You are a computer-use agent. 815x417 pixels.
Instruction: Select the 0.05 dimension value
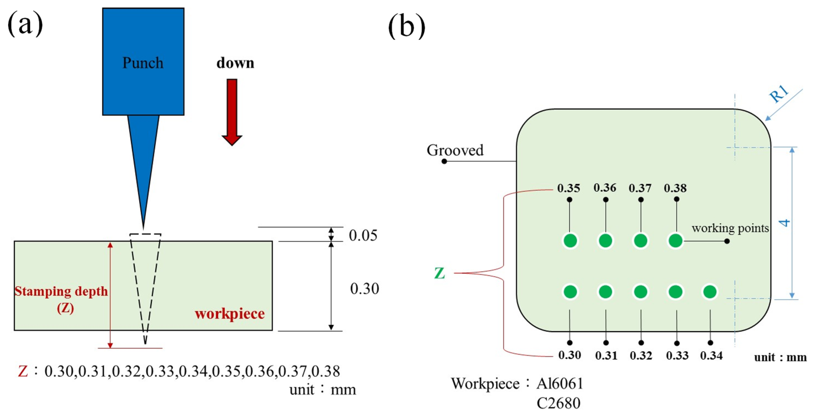click(x=363, y=236)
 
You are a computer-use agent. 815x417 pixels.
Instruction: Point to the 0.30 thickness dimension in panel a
click(x=364, y=289)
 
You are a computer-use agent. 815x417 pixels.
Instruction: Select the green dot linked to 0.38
click(x=675, y=240)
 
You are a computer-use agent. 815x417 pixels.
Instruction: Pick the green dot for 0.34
click(x=710, y=291)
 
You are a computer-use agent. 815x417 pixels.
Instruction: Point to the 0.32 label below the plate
click(x=641, y=355)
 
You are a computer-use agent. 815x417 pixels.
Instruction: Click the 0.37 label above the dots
click(x=640, y=188)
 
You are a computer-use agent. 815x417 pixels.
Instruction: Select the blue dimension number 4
click(x=785, y=223)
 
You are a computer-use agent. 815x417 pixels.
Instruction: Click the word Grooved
click(x=455, y=150)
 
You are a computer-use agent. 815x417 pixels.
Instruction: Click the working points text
click(x=730, y=228)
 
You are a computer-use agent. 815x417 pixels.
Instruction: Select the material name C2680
click(x=558, y=403)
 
